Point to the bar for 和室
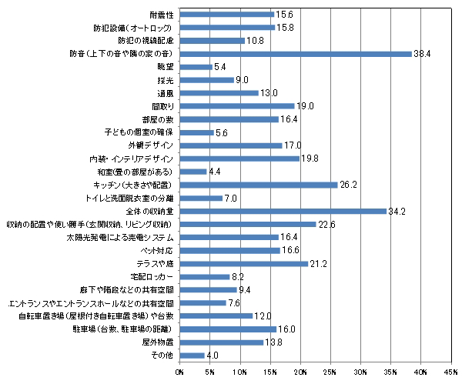[x=194, y=172]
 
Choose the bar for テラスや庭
[x=245, y=263]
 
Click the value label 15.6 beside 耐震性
[x=286, y=14]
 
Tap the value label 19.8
[x=311, y=159]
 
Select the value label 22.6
[x=328, y=224]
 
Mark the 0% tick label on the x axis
[x=180, y=373]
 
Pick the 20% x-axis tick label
[x=301, y=373]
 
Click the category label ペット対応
[x=158, y=250]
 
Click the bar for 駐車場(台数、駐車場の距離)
[x=229, y=329]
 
